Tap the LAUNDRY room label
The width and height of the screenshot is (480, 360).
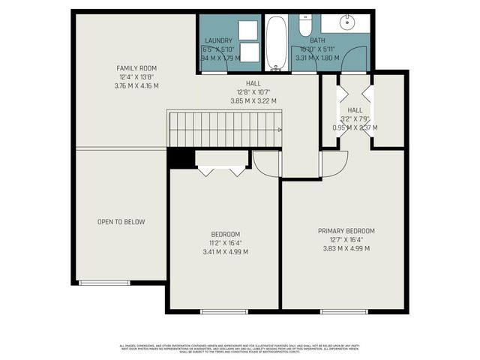point(218,40)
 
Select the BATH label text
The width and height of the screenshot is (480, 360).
point(317,40)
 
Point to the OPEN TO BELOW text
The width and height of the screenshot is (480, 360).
point(121,222)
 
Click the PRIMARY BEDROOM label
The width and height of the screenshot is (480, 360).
point(346,230)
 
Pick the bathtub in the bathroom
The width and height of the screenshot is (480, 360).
point(276,43)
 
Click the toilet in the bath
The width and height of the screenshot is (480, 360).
point(305,26)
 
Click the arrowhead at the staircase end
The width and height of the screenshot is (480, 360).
point(280,130)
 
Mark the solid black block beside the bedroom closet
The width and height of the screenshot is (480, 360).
point(177,158)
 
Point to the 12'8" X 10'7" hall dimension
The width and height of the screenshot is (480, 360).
point(253,93)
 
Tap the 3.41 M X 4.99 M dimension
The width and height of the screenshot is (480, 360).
point(225,252)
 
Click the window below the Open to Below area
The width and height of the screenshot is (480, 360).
point(98,283)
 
